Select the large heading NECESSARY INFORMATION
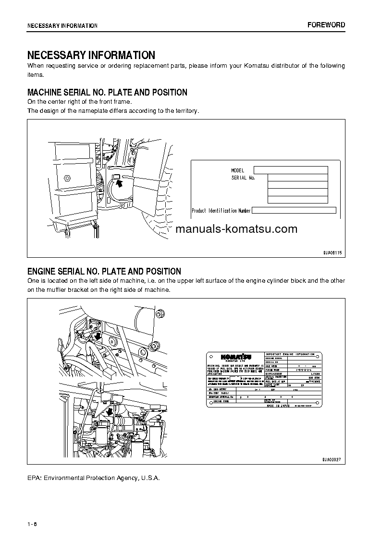[91, 55]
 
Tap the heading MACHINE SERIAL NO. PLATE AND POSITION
[107, 92]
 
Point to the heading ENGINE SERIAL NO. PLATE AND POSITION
[104, 271]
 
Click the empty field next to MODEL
[290, 170]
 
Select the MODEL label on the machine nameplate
[237, 170]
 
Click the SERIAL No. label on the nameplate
[243, 178]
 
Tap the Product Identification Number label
[221, 210]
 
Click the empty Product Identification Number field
[294, 210]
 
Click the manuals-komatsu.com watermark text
[236, 229]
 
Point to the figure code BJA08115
[332, 252]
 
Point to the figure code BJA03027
[332, 459]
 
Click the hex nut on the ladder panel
[68, 178]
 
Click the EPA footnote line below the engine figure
[93, 478]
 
